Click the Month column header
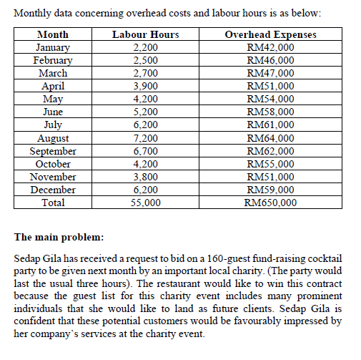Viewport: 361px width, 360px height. [x=52, y=35]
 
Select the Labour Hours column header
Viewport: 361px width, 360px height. [x=146, y=35]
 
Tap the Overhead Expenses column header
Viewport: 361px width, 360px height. [x=270, y=35]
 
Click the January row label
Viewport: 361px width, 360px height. [x=52, y=48]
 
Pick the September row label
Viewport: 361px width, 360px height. [x=52, y=151]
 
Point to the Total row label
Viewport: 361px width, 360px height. [x=52, y=203]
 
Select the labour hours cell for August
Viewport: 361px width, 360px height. [x=146, y=138]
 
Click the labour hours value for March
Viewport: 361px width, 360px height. [x=146, y=74]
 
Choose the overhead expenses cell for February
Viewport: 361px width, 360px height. [x=270, y=61]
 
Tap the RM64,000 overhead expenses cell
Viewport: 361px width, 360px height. [x=270, y=138]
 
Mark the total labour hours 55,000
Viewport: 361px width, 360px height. [x=146, y=203]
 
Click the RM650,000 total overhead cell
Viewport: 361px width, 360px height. [x=270, y=203]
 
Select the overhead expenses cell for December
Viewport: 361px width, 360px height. [x=270, y=190]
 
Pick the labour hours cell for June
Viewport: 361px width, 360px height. [x=146, y=112]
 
